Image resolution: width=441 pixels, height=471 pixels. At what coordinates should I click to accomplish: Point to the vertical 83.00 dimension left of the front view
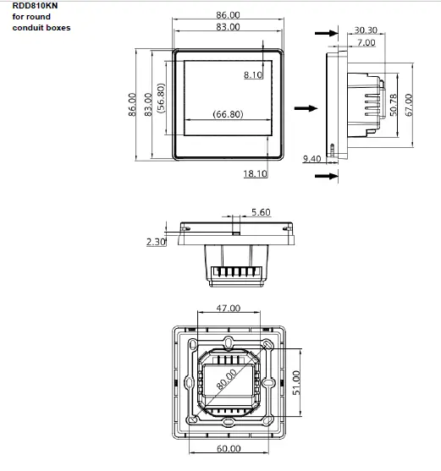coord(148,104)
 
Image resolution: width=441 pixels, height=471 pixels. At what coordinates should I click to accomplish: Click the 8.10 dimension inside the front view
coord(253,76)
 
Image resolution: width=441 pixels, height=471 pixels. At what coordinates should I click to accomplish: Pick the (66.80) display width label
coord(228,114)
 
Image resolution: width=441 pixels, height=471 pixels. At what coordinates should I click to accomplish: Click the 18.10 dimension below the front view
coord(255,173)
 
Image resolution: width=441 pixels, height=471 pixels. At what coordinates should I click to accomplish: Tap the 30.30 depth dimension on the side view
coord(366,30)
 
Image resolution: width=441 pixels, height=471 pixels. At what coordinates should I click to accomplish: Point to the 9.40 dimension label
coord(311,159)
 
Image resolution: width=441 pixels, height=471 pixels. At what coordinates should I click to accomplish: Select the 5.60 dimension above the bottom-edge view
coord(260,212)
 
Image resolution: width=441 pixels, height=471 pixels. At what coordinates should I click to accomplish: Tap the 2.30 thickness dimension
coord(155,242)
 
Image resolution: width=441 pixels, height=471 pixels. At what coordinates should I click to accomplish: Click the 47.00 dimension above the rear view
coord(229,309)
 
